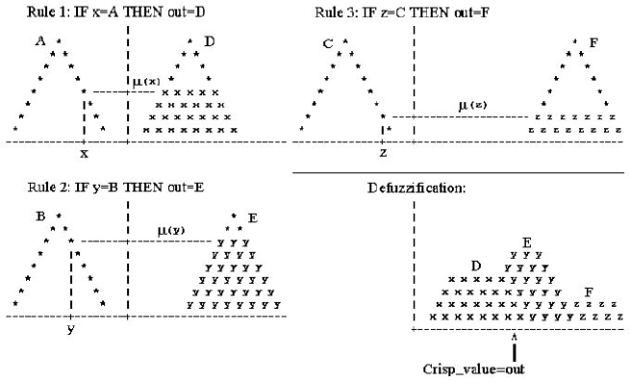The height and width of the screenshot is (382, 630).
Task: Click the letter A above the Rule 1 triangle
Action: tap(40, 40)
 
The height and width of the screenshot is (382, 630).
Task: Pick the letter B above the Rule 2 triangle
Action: tap(41, 216)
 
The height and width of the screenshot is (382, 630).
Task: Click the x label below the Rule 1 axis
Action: tap(84, 153)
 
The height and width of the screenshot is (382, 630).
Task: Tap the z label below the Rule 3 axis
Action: tap(383, 153)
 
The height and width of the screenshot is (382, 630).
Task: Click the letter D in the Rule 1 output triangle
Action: tap(209, 41)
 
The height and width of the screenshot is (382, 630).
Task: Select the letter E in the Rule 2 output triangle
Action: tap(252, 218)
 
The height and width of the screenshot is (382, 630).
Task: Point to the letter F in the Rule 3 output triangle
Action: tap(593, 43)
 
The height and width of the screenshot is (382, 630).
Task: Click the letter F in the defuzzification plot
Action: tap(588, 290)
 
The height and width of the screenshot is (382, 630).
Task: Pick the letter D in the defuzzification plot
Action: tap(475, 265)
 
